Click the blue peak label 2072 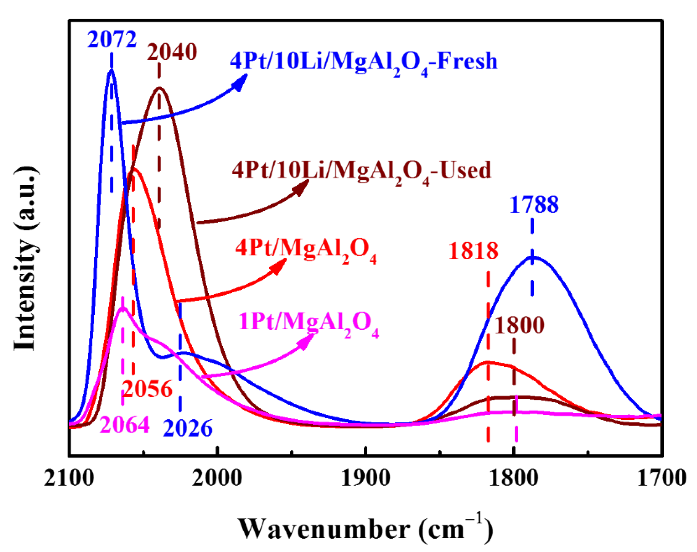[x=112, y=40]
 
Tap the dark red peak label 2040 [x=172, y=52]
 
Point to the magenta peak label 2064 [x=125, y=424]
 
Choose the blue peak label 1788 [x=534, y=205]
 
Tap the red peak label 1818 [x=473, y=251]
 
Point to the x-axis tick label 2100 [x=69, y=478]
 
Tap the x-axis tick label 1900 [x=365, y=478]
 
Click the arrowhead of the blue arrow [x=241, y=82]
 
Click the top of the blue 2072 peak [x=111, y=70]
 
